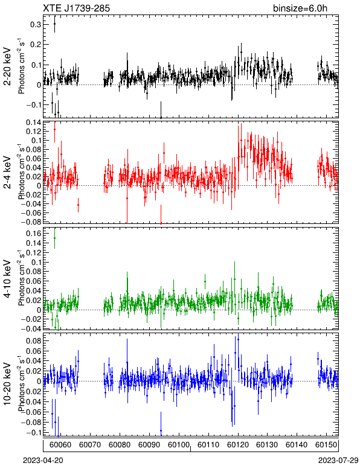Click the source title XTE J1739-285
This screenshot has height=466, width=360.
coord(76,8)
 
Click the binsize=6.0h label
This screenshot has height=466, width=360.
coord(300,8)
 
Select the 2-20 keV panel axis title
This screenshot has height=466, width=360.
coord(7,66)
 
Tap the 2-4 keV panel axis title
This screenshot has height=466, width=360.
coord(7,173)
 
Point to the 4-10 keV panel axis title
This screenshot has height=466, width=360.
coord(7,279)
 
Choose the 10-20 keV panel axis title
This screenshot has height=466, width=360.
coord(7,384)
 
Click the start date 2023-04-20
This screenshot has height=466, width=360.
coord(43,461)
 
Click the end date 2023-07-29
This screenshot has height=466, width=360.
coord(338,461)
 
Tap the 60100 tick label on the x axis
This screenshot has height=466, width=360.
coord(179,445)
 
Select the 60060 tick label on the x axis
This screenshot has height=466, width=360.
coord(60,445)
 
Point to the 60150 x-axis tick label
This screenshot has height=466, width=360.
coord(326,445)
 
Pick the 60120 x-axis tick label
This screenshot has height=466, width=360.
coord(238,445)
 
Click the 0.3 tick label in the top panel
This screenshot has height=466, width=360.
coord(36,25)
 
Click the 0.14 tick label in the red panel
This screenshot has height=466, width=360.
coord(33,122)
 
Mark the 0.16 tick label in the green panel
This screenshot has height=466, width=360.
coord(33,234)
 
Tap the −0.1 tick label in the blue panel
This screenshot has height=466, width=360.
coord(33,432)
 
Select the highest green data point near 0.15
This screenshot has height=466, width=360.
coord(54,238)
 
